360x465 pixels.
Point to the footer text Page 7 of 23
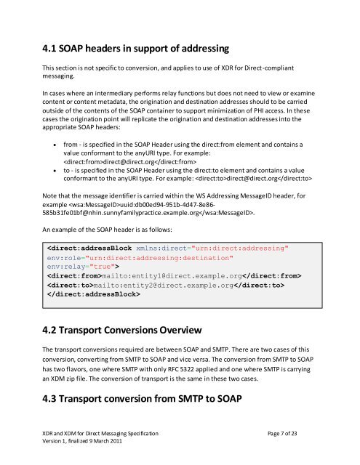click(x=292, y=434)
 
